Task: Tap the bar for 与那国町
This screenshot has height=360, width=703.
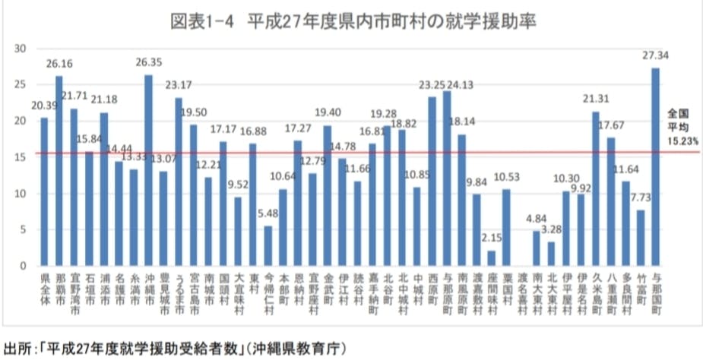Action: [655, 167]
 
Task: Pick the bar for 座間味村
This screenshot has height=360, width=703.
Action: [492, 258]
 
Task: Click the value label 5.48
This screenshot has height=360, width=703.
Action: [268, 215]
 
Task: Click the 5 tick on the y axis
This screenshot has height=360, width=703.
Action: [24, 229]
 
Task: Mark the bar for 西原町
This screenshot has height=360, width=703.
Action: [432, 182]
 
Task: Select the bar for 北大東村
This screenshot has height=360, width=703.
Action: [551, 254]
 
